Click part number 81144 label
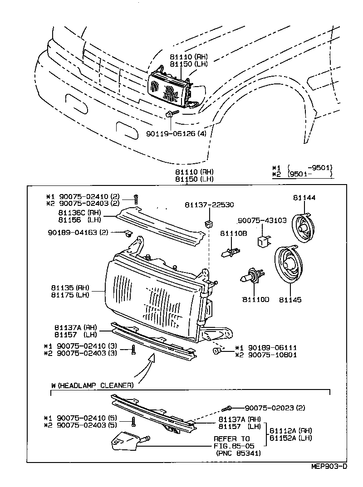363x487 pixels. coord(304,198)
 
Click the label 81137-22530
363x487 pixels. coord(209,205)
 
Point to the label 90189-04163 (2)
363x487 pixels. coord(78,233)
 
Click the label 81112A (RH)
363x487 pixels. coord(291,430)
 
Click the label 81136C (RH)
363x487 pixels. coord(79,212)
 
